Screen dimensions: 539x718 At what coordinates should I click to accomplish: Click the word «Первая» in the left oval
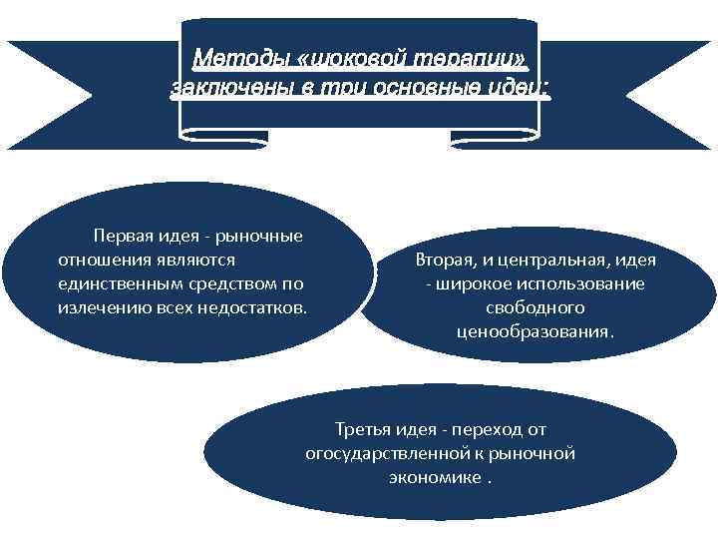click(x=124, y=237)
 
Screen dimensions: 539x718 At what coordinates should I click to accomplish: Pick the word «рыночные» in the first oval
click(x=262, y=237)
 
